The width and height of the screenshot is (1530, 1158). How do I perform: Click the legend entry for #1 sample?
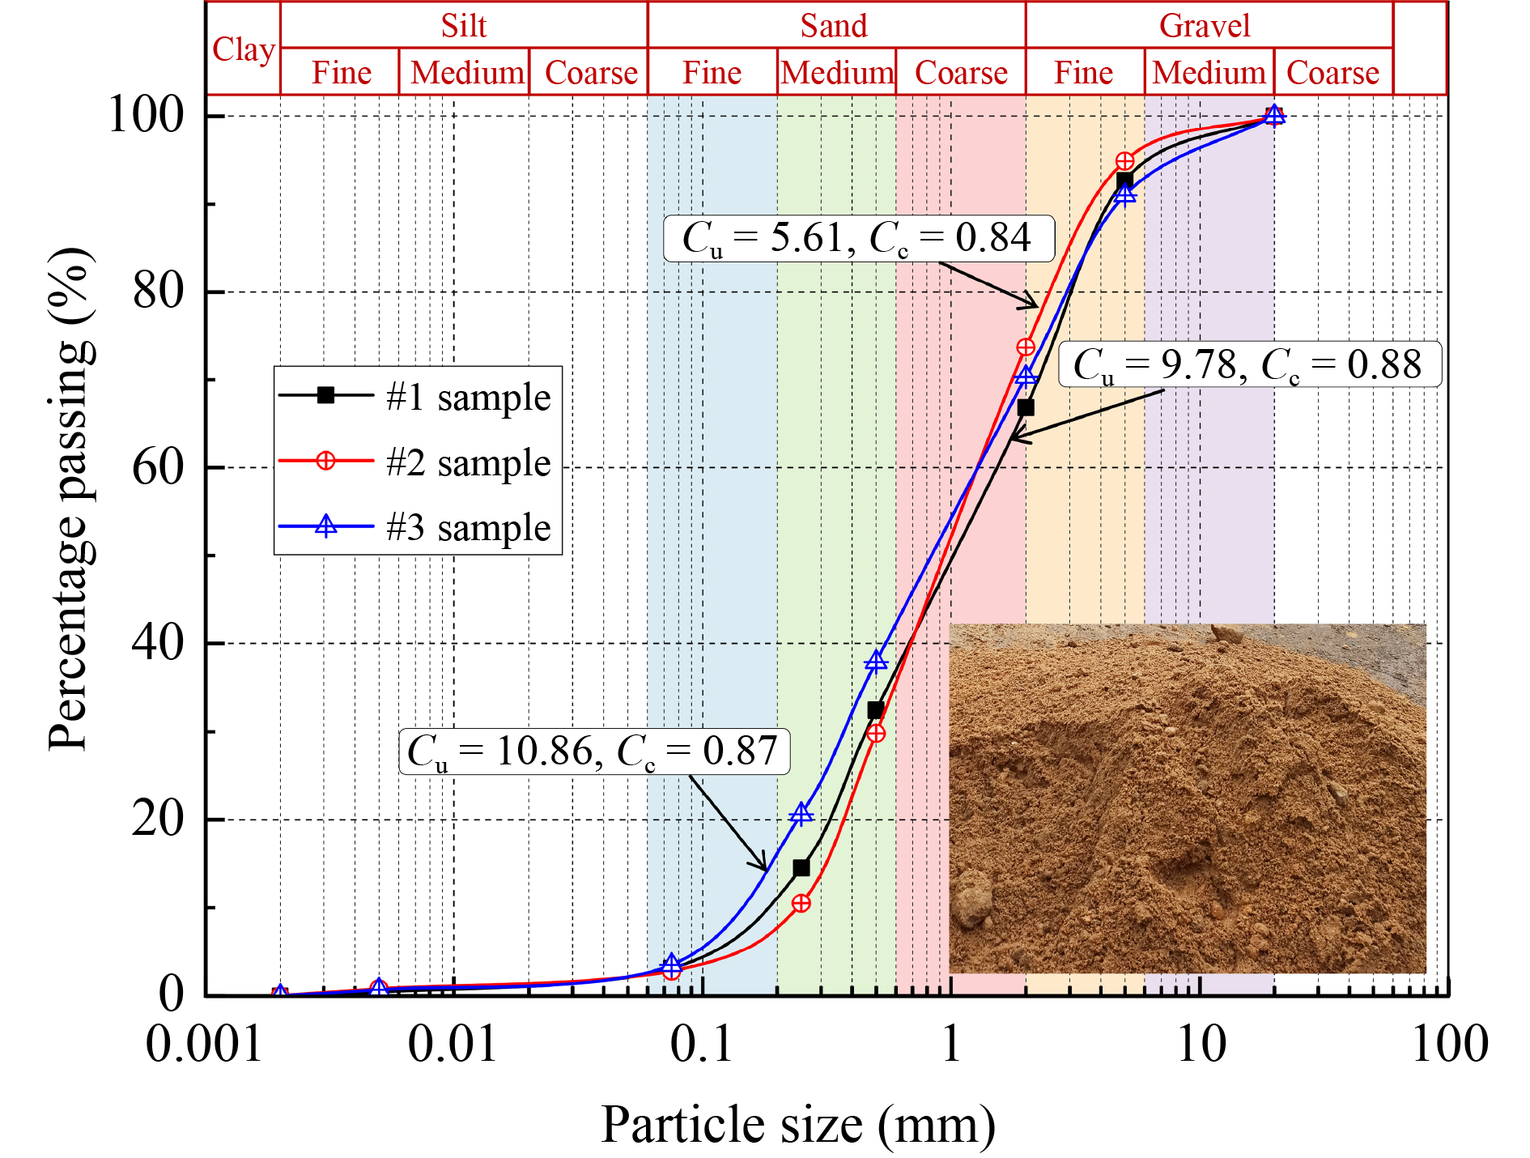(x=468, y=398)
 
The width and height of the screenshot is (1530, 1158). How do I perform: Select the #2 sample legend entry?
(x=468, y=462)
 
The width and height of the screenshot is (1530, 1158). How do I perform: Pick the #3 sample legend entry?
(x=468, y=527)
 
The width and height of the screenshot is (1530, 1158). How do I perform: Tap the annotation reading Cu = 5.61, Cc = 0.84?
(x=858, y=238)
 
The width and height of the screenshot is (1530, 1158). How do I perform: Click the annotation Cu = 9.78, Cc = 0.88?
(x=1249, y=364)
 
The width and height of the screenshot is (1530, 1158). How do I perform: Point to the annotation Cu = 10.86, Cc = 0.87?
(x=593, y=751)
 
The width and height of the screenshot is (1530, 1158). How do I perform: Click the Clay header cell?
(x=243, y=49)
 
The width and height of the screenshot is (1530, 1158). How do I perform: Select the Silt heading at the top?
(x=464, y=26)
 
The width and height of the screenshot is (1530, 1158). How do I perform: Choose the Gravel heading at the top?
(x=1205, y=26)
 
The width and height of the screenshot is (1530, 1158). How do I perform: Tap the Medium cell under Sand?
(x=837, y=73)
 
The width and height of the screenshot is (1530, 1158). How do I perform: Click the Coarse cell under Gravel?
(x=1332, y=73)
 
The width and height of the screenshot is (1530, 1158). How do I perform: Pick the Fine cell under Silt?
(x=341, y=73)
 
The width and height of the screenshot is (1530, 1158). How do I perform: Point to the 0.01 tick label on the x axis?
(x=452, y=1045)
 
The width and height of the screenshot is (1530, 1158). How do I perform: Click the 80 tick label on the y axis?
(x=159, y=292)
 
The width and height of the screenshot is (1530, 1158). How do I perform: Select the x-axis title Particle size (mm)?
(x=798, y=1125)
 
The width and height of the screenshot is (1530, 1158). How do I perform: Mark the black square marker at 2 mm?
(x=1026, y=407)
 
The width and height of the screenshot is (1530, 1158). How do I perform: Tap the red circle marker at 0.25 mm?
(x=801, y=903)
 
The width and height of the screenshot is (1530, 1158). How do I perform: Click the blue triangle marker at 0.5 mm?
(x=876, y=662)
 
